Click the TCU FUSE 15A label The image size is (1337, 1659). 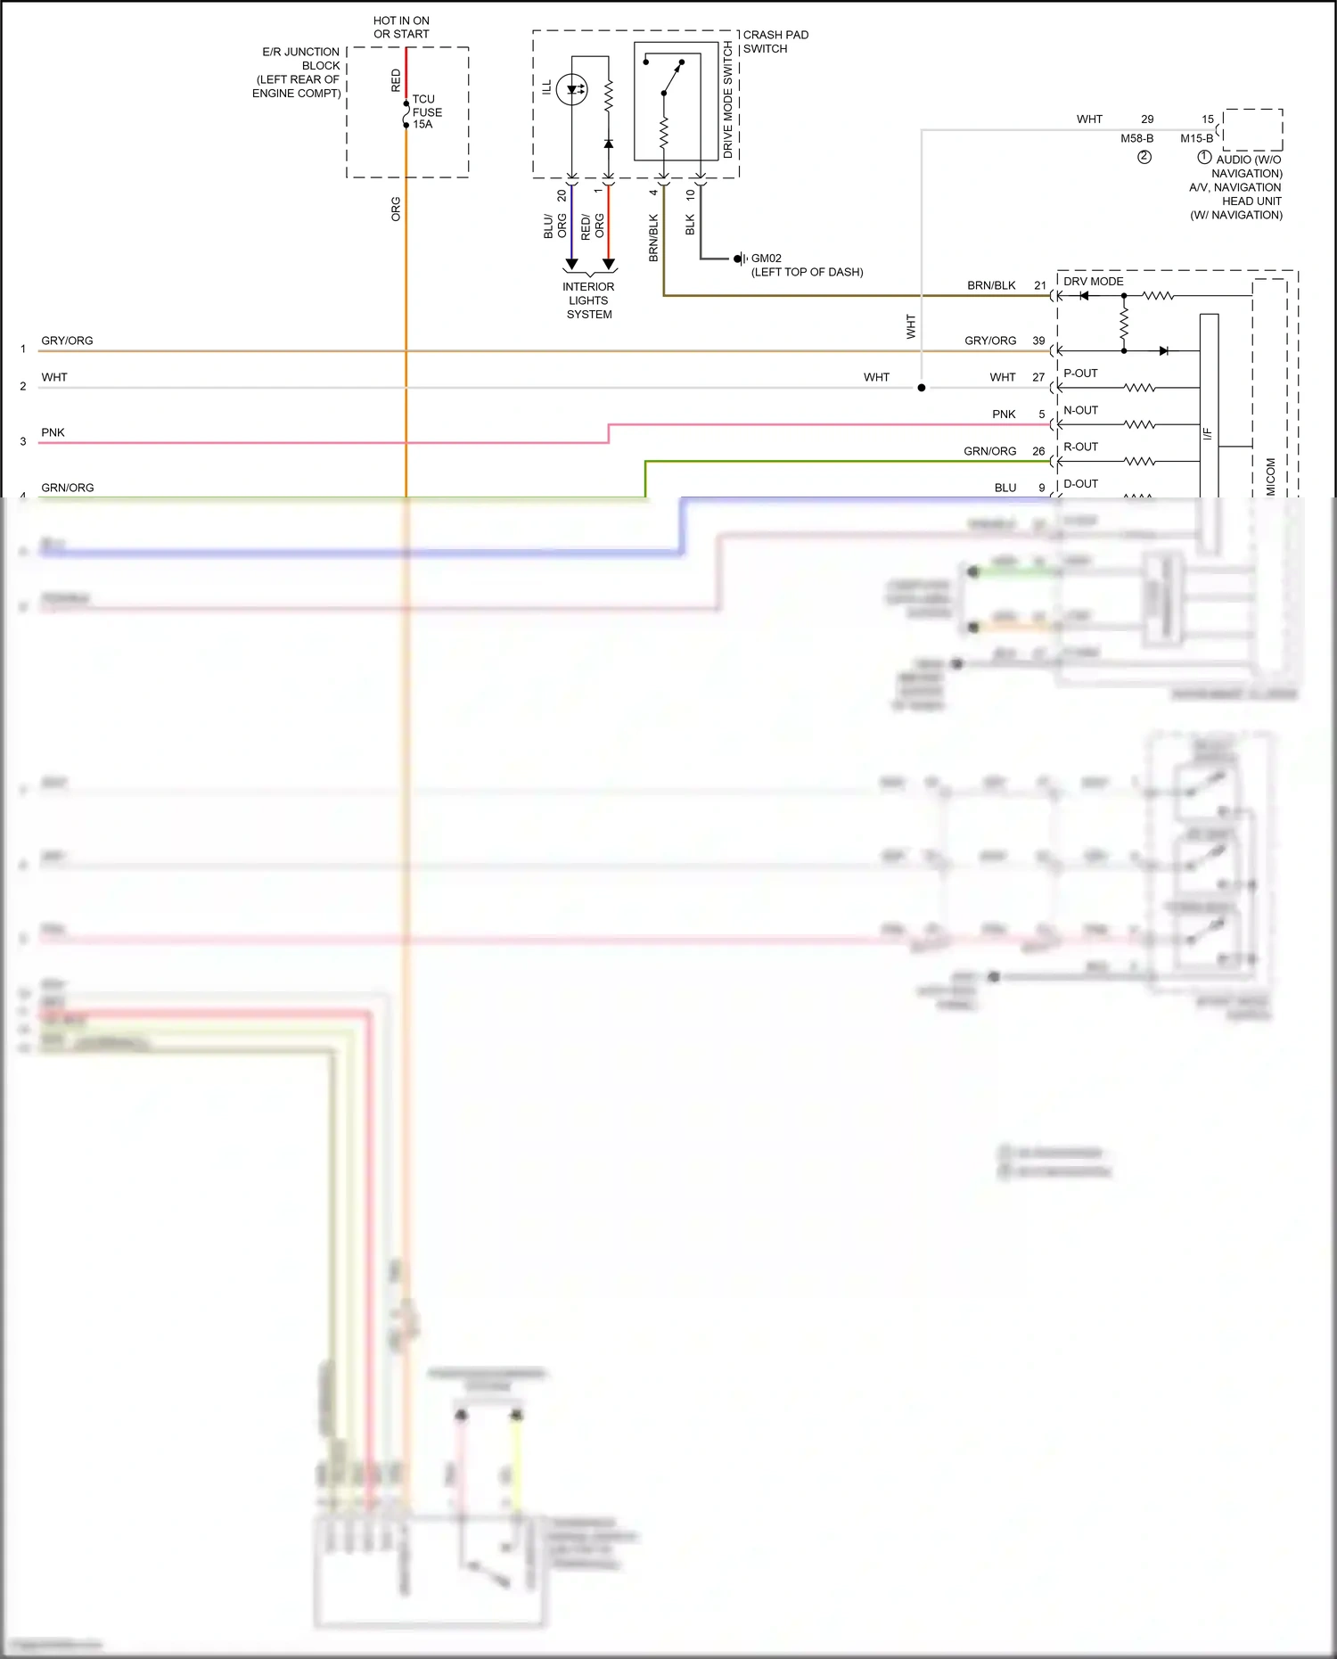(426, 111)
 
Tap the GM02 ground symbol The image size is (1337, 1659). (739, 259)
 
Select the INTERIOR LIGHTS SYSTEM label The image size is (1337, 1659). (588, 300)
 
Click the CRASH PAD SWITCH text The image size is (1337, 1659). (775, 42)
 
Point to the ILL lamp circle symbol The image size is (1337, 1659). (571, 89)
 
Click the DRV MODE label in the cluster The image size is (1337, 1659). (1093, 281)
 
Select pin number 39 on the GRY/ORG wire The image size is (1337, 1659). (1038, 341)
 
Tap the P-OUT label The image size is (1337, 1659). (1080, 374)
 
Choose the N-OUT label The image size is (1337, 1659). (1080, 410)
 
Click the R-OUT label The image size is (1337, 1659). (1080, 447)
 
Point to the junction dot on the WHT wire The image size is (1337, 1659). (922, 388)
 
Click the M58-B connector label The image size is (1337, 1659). (1136, 138)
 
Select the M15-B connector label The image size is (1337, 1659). (1196, 138)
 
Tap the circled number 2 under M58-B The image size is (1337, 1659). (1144, 157)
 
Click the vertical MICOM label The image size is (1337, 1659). (1270, 477)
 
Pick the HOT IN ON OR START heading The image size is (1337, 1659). (401, 27)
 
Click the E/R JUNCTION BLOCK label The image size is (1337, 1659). (298, 72)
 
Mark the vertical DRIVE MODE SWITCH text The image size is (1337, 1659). (727, 100)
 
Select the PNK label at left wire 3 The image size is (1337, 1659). (53, 432)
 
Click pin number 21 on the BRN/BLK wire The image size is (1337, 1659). (1040, 285)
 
